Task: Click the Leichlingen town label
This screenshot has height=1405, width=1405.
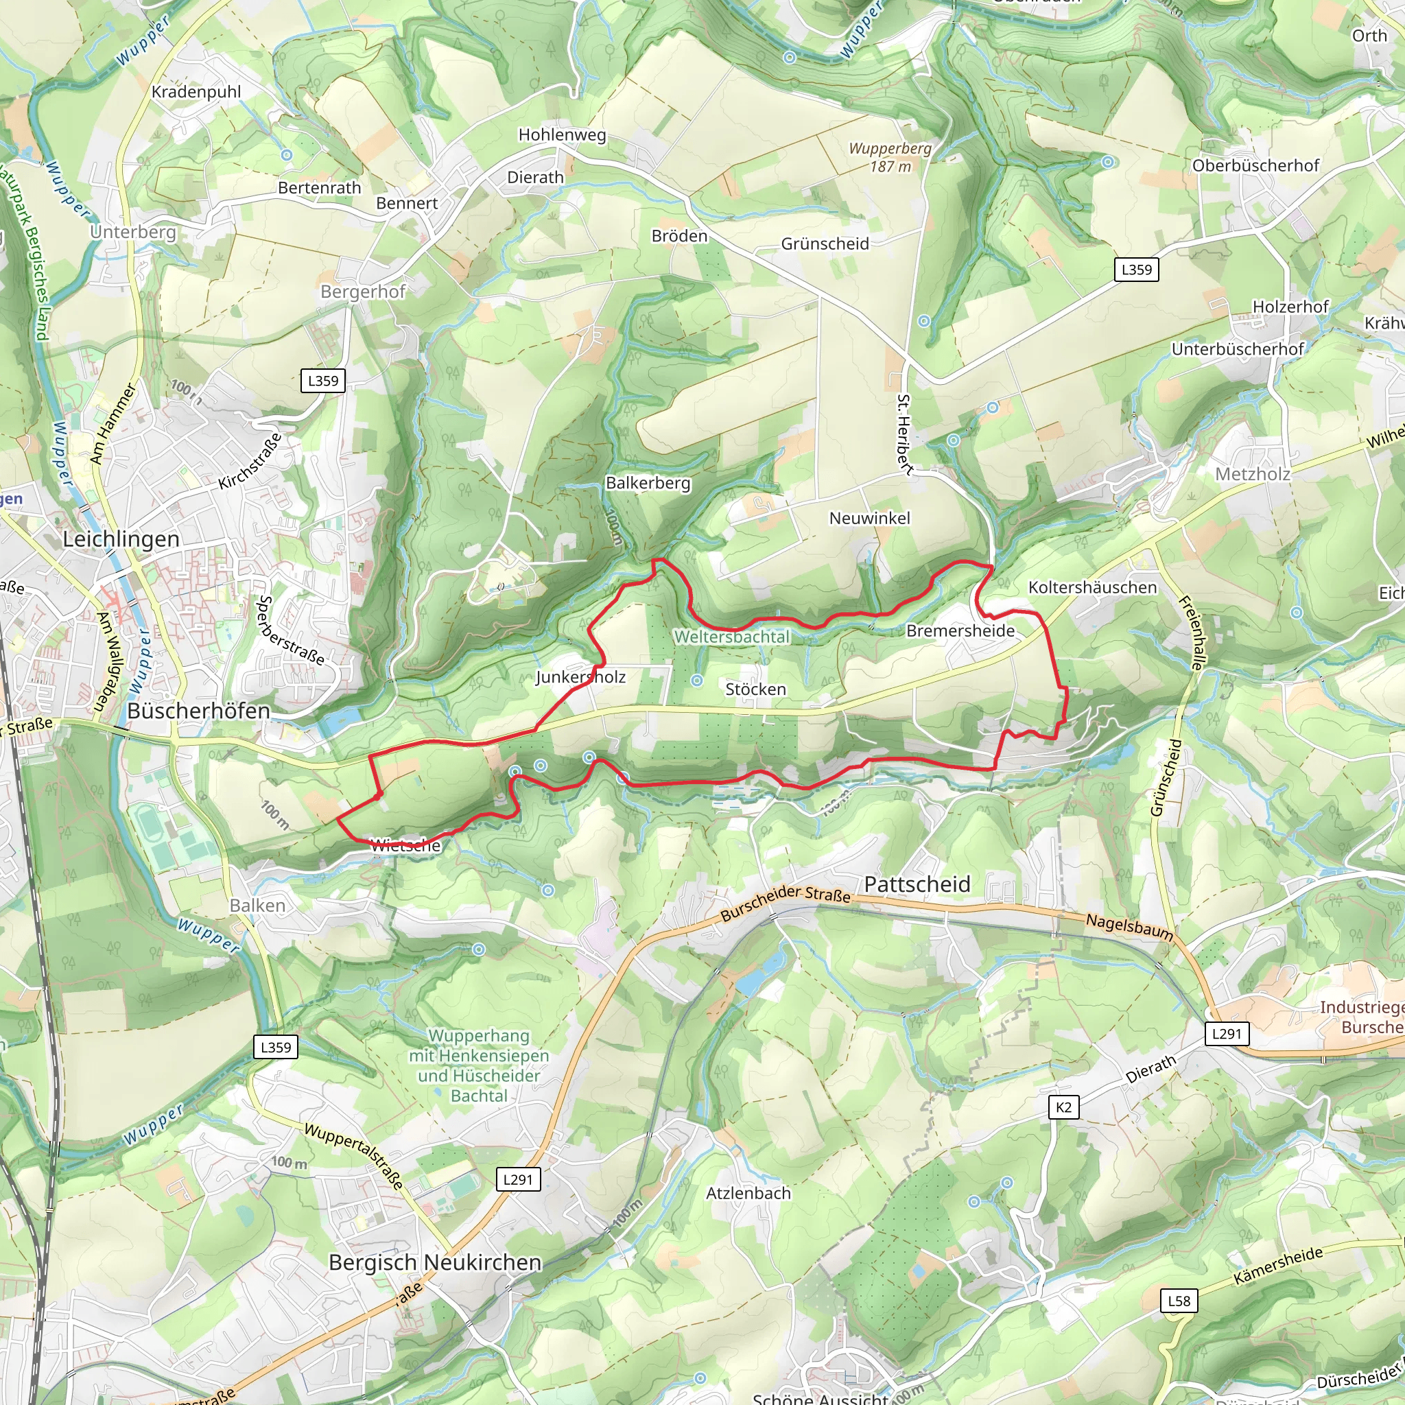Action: tap(121, 540)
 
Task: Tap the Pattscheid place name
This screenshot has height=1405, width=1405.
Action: tap(917, 884)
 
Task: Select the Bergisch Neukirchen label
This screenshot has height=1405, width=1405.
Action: tap(435, 1262)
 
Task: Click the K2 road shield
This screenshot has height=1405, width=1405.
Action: tap(1063, 1107)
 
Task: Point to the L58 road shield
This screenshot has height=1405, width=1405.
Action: tap(1179, 1301)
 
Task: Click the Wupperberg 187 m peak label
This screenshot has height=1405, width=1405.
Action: tap(889, 157)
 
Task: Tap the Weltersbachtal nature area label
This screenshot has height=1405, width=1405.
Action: tap(731, 637)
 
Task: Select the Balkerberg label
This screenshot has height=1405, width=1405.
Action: tap(648, 483)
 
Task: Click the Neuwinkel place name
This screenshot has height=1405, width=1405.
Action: tap(870, 519)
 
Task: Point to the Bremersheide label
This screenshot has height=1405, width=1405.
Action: tap(960, 631)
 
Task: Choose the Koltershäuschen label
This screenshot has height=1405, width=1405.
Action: tap(1092, 588)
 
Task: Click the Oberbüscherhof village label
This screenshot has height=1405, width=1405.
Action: tap(1255, 166)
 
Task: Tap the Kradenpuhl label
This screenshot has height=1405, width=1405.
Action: tap(196, 92)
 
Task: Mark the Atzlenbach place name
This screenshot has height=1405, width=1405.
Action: tap(748, 1194)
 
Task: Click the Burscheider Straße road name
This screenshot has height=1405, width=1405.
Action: tap(786, 903)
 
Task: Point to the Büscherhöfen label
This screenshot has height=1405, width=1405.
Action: tap(198, 711)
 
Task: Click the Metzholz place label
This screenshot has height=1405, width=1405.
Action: tap(1252, 474)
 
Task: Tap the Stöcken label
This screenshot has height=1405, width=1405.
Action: tap(755, 689)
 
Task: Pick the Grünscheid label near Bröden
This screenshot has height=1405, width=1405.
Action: tap(825, 244)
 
